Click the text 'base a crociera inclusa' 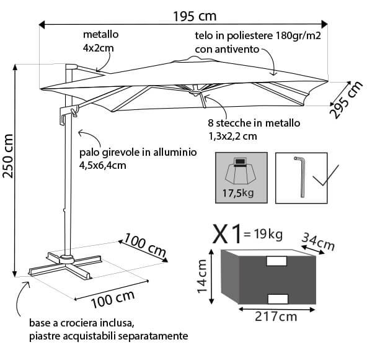pos(81,323)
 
